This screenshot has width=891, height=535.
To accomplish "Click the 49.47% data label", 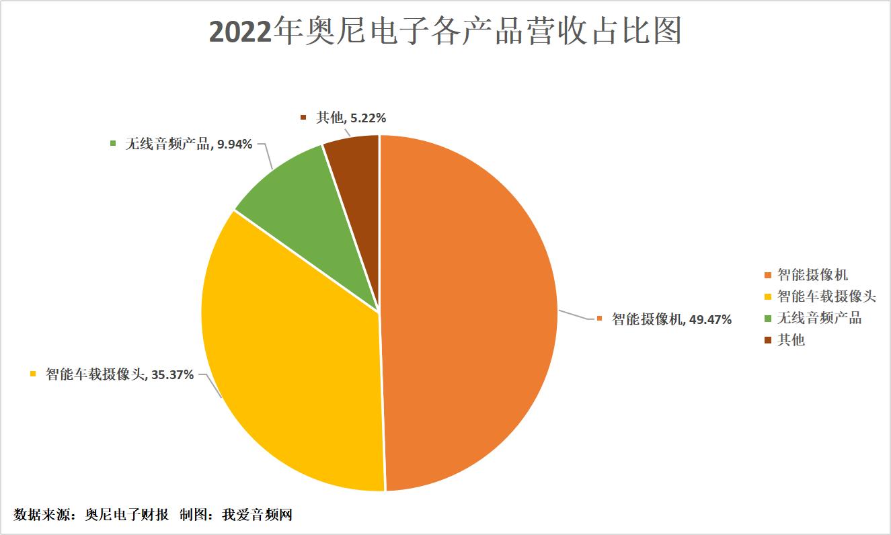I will pos(708,319).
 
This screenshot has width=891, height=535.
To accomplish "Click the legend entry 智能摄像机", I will pos(812,275).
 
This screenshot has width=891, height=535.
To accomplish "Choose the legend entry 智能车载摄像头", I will pos(826,296).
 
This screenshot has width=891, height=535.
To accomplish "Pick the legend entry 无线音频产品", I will pos(819,318).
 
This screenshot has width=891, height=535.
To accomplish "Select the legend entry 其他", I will pos(791,340).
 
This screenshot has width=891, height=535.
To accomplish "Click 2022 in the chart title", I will pos(241,32).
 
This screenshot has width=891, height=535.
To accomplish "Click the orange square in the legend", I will pos(768,276).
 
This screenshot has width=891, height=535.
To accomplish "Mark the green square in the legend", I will pos(768,319).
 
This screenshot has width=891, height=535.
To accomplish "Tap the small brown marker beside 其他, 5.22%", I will pos(303,118).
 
